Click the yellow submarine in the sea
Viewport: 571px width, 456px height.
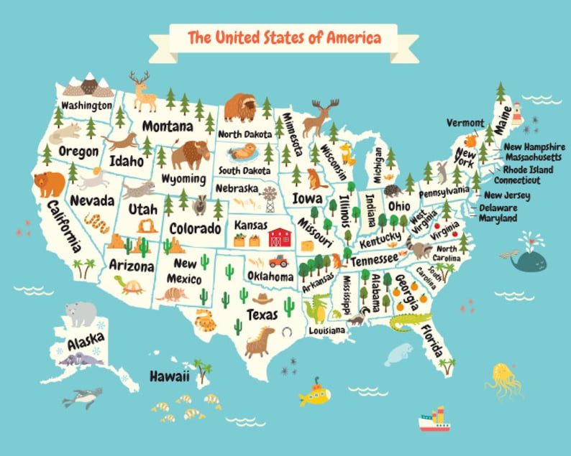315,393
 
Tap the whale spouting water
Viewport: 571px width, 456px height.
526,260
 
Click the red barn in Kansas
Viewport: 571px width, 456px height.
279,236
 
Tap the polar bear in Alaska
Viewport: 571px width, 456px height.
81,313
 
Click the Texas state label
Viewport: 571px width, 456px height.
262,315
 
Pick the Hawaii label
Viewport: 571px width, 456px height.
170,376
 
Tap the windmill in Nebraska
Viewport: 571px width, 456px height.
270,197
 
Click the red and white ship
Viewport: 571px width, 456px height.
434,419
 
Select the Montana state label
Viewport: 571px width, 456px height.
167,126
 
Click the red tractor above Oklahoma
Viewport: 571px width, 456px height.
278,261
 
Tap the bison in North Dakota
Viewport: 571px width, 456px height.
239,107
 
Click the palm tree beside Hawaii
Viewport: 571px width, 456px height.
204,371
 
